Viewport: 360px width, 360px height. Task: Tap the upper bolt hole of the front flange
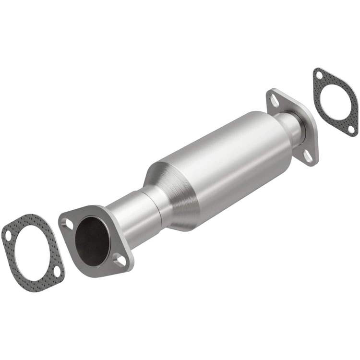pyautogui.click(x=69, y=224)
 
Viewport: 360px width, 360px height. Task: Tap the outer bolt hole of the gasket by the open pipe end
pyautogui.click(x=9, y=235)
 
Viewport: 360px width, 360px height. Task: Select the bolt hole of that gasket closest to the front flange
pyautogui.click(x=57, y=271)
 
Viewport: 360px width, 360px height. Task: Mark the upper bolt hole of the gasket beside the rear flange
pyautogui.click(x=319, y=75)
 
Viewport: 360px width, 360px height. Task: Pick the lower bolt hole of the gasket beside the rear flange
pyautogui.click(x=351, y=129)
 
